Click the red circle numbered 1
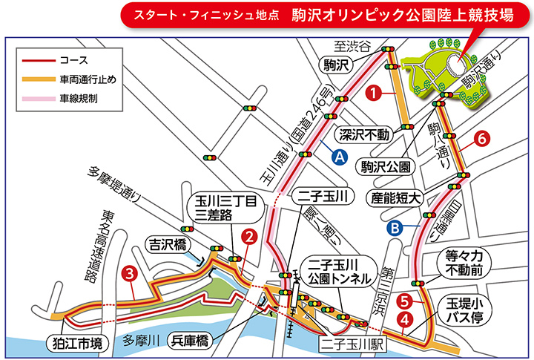point(375,94)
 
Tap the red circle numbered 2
point(250,238)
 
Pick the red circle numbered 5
point(404,301)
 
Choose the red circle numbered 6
point(481,138)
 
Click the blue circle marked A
point(339,157)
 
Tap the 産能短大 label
point(398,197)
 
